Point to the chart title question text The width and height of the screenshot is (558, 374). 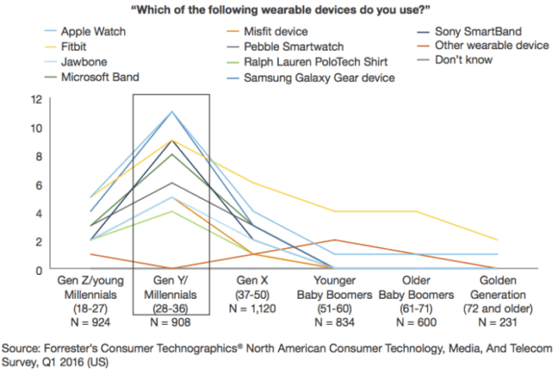280,9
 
